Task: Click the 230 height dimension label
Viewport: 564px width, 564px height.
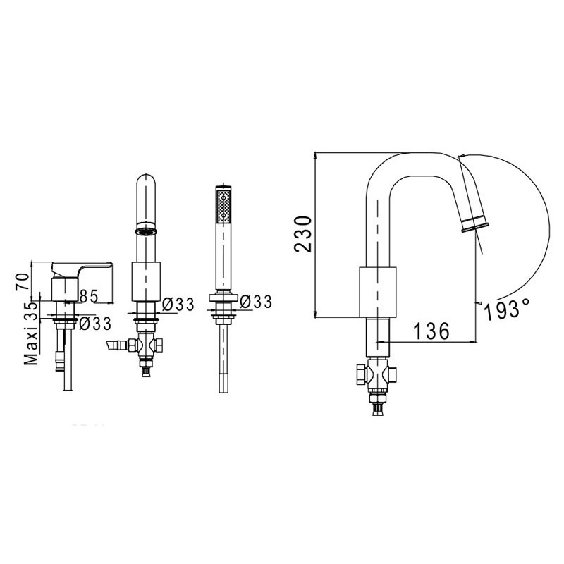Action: pos(302,234)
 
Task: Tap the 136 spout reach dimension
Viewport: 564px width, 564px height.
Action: pos(431,331)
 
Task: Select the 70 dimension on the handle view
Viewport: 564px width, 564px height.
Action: pos(22,281)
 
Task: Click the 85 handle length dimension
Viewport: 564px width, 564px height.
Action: pos(89,296)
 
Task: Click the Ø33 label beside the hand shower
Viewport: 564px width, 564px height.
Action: pos(256,302)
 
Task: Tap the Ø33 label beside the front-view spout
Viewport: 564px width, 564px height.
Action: pos(178,305)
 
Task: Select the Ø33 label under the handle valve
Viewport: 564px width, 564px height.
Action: pos(95,324)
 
